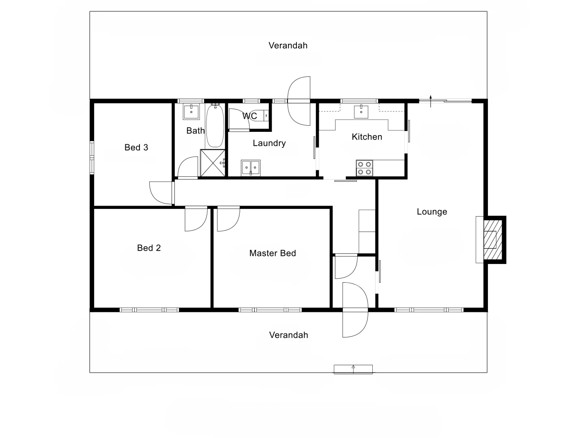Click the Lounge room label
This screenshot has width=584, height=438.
click(432, 212)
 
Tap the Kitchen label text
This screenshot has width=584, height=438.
click(367, 137)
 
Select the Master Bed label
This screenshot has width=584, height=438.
click(273, 253)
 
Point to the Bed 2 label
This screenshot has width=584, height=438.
click(149, 248)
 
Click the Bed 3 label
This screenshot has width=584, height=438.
click(136, 148)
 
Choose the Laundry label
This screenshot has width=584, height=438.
click(269, 143)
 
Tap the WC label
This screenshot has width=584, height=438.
click(250, 116)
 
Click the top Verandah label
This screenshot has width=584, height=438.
click(288, 45)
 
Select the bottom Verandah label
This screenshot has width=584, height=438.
click(289, 335)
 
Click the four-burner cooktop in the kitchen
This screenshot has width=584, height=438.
click(364, 168)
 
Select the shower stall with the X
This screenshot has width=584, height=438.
click(213, 163)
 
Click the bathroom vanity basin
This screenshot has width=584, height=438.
click(191, 112)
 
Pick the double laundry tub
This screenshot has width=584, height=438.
click(251, 167)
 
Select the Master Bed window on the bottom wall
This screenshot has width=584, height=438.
click(270, 310)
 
